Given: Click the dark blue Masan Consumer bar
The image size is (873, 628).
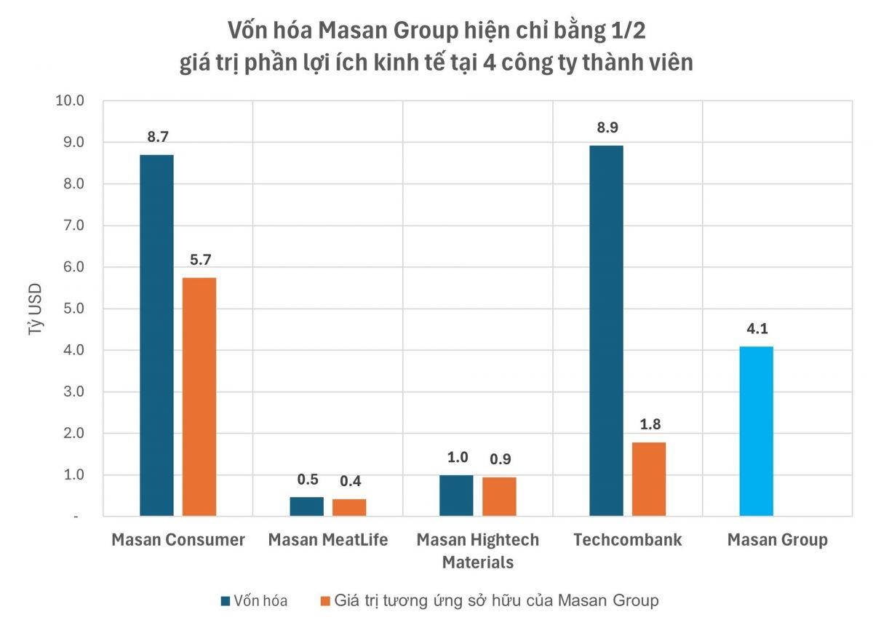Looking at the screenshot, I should pos(156,335).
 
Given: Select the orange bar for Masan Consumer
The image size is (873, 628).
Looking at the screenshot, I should pos(199,397).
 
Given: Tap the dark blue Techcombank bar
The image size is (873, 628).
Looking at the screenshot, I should pos(606,331).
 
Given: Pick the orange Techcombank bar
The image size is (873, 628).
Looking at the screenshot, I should pos(649,479).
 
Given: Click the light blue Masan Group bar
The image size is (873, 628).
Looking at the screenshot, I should pos(757,431).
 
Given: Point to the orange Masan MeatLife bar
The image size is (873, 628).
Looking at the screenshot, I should pos(349,507).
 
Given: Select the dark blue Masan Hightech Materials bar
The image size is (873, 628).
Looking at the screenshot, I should pos(456,496).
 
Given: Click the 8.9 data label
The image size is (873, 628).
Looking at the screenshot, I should pos(606,127).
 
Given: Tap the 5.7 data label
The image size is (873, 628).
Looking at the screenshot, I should pos(199,260).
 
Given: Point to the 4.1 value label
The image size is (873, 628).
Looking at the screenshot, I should pos(757,328).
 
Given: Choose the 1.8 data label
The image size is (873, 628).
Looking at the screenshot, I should pos(649,424).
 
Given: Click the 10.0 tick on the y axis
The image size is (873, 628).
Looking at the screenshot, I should pos(71,100).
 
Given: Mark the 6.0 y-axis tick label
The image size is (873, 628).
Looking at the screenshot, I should pos(73,267).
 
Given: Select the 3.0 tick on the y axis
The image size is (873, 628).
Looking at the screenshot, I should pos(73,391).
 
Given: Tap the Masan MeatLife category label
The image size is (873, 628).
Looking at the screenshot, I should pos(328,540).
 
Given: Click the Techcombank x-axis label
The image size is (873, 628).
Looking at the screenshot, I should pos(627,540).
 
